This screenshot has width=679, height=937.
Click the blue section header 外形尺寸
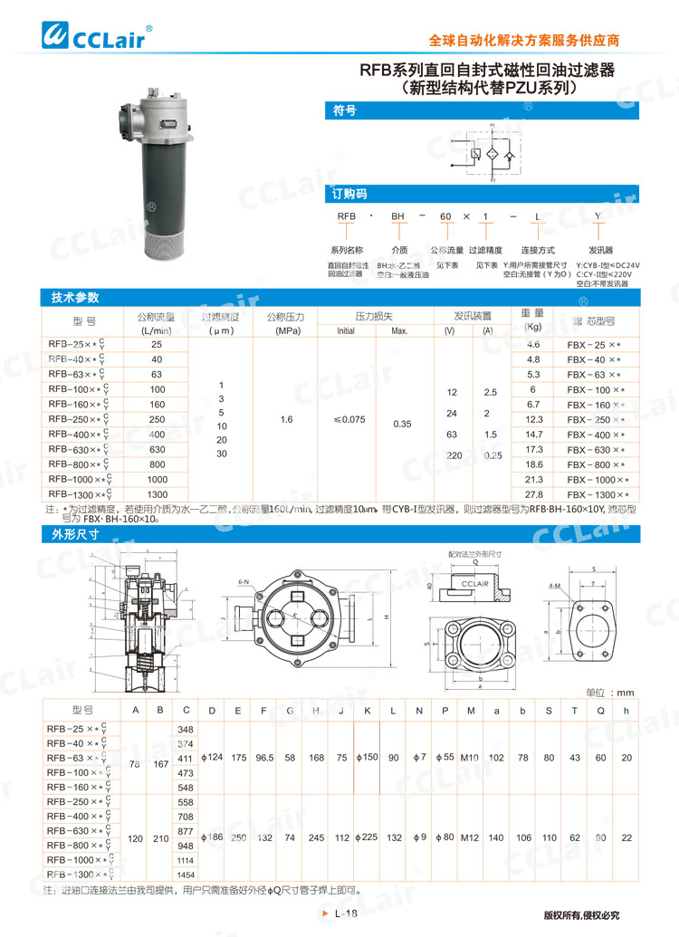pyautogui.click(x=75, y=534)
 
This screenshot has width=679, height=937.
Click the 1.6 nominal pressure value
pyautogui.click(x=286, y=420)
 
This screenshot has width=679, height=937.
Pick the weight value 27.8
pyautogui.click(x=533, y=494)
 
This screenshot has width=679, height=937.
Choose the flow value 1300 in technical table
pyautogui.click(x=157, y=494)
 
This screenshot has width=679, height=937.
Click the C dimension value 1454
pyautogui.click(x=186, y=875)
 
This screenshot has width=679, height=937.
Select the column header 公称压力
pyautogui.click(x=286, y=317)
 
